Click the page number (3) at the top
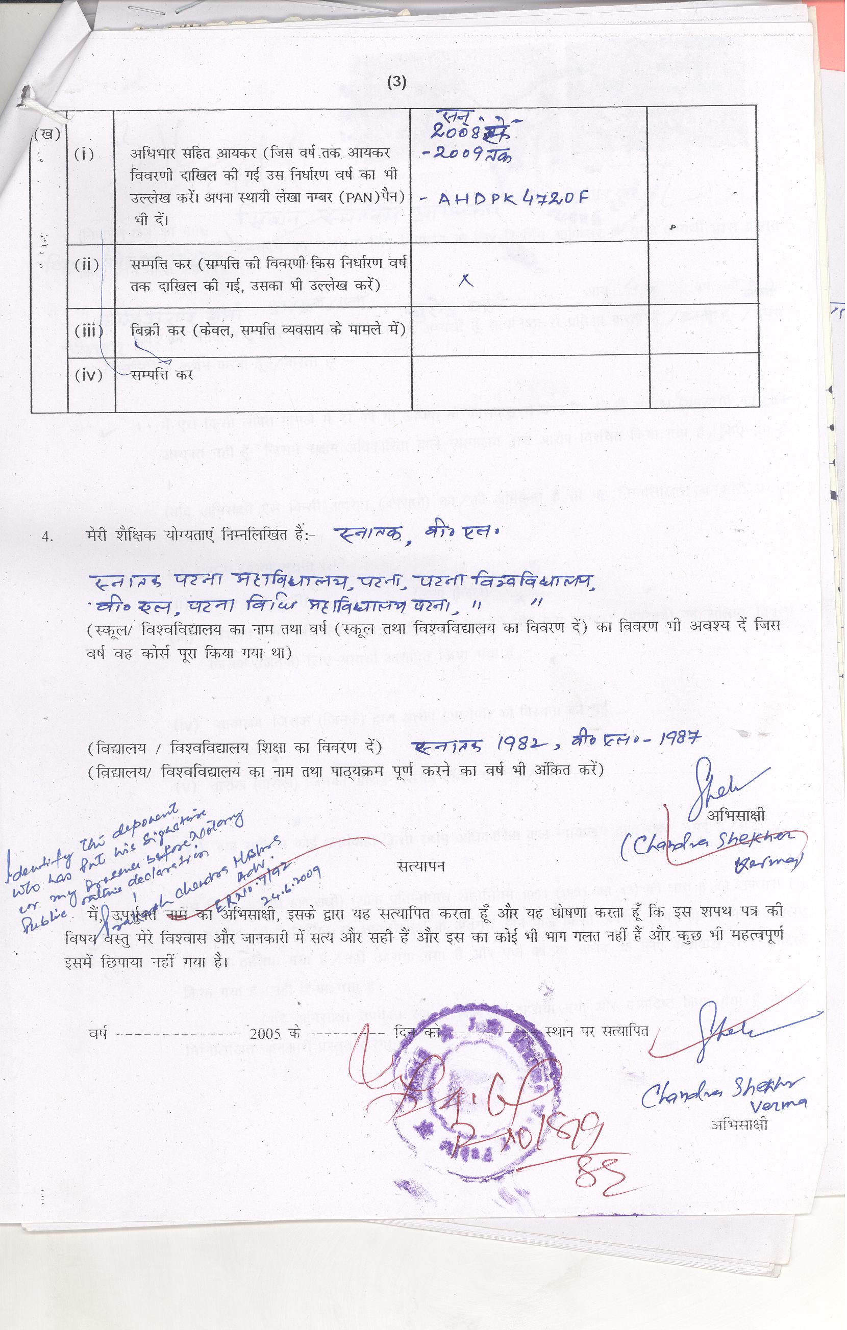tap(396, 82)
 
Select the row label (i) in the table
tap(84, 155)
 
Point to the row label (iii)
tap(88, 331)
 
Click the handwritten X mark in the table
tap(467, 281)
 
